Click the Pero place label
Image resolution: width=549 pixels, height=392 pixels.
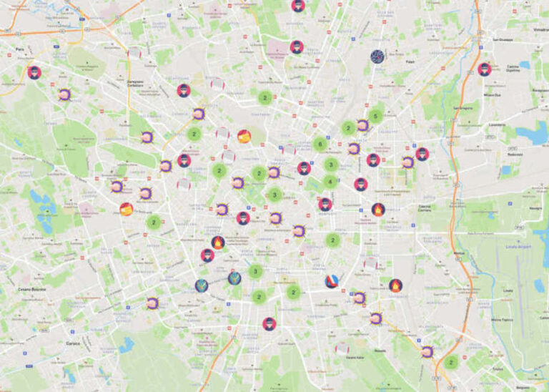(x=20, y=49)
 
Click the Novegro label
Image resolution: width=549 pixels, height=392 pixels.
(x=534, y=208)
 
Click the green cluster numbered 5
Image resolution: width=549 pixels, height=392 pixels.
(x=375, y=116)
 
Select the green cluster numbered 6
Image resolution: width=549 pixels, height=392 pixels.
(x=320, y=144)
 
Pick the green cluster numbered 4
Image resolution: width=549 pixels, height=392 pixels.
(x=330, y=182)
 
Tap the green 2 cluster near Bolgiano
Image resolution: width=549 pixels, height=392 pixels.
(x=450, y=363)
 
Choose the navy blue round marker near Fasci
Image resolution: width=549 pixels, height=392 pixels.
(x=377, y=57)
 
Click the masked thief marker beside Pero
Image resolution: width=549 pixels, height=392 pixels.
(x=34, y=72)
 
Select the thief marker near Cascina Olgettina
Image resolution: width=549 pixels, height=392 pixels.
(x=484, y=69)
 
